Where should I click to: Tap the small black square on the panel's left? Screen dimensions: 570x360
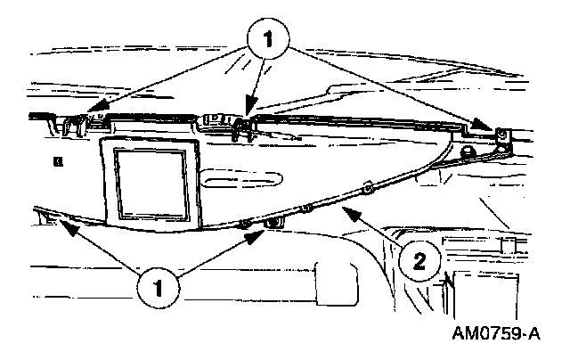(x=56, y=160)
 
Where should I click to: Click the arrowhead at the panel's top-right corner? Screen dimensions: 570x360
(x=487, y=128)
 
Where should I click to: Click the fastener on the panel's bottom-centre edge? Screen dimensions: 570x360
(x=271, y=223)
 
